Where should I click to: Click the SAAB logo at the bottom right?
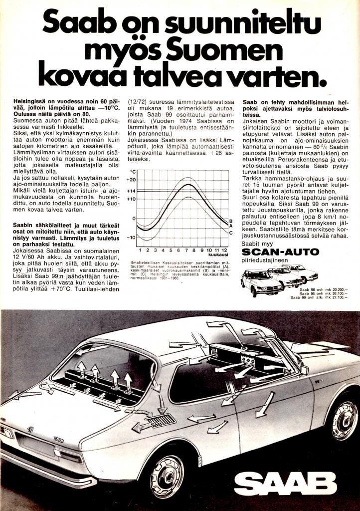(285, 483)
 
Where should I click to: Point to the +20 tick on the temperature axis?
(131, 180)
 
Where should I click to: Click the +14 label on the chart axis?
(131, 191)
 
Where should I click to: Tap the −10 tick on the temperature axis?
(131, 237)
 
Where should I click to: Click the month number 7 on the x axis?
(186, 250)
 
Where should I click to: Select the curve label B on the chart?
(231, 221)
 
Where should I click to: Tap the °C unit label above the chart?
(133, 171)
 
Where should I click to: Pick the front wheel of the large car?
(344, 420)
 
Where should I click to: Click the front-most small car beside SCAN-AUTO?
(260, 282)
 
